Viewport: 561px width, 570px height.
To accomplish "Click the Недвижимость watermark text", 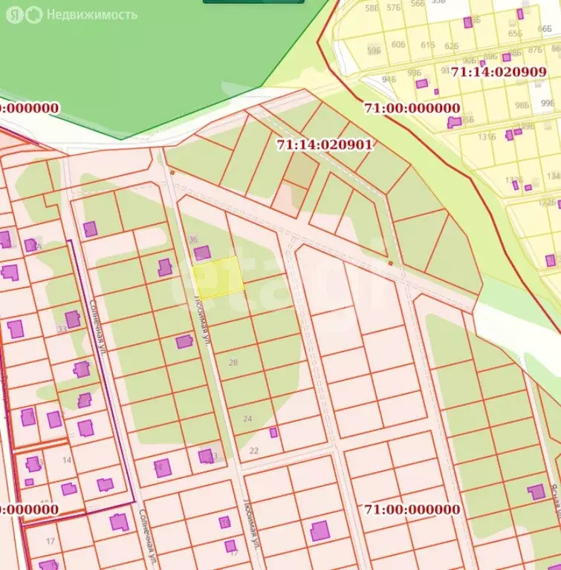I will click(91, 14).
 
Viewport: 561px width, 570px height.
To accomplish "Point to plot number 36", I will click(193, 239).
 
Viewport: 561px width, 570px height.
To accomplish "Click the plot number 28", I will click(233, 362).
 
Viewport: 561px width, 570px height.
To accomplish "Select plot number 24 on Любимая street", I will click(247, 419).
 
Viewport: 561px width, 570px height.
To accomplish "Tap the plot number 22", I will click(254, 451).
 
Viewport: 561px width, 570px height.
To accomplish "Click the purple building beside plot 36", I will click(202, 254).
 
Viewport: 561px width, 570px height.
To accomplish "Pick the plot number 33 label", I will click(62, 329).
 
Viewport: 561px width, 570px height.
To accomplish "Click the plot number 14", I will click(67, 460).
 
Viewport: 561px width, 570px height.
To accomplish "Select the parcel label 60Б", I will click(398, 45).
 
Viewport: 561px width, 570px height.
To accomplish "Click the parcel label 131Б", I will click(487, 137).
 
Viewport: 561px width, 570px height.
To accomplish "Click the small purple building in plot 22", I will click(273, 433).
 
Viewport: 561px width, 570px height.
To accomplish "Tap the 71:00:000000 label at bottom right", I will click(412, 509).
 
